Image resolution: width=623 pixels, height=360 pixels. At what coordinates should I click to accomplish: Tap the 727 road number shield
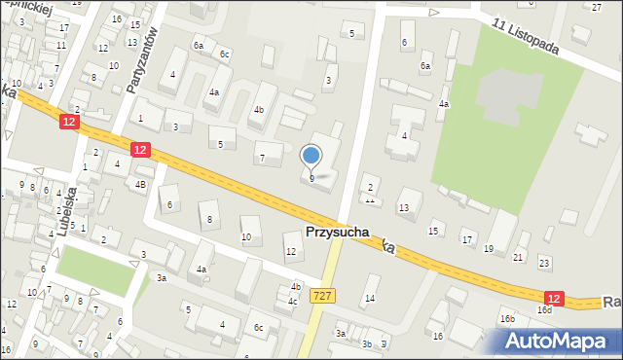pyautogui.click(x=321, y=294)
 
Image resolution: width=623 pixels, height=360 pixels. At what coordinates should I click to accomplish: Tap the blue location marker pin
pyautogui.click(x=311, y=156)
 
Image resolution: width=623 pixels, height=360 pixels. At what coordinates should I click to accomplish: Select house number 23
pyautogui.click(x=544, y=263)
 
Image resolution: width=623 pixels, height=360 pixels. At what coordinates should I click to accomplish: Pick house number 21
pyautogui.click(x=518, y=258)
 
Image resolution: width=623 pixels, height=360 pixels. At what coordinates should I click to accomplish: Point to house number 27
pyautogui.click(x=597, y=7)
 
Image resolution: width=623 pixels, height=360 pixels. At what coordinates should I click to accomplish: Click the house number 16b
pyautogui.click(x=507, y=319)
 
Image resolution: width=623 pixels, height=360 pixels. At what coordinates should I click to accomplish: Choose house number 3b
pyautogui.click(x=367, y=343)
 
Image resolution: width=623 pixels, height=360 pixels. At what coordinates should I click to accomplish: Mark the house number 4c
pyautogui.click(x=292, y=302)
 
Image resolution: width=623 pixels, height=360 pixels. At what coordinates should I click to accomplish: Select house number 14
pyautogui.click(x=370, y=298)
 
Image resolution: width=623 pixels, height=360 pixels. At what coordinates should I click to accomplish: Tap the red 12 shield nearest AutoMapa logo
pyautogui.click(x=553, y=298)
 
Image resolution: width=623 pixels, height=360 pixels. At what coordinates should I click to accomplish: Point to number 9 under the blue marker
pyautogui.click(x=311, y=179)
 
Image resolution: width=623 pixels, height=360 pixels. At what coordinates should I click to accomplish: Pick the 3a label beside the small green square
pyautogui.click(x=162, y=278)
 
